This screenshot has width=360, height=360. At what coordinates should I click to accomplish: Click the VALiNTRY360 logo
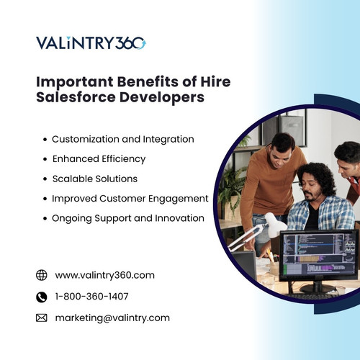tap(91, 42)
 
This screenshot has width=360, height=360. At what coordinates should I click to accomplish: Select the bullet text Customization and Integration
tap(123, 139)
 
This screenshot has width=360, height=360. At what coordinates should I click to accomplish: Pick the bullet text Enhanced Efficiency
tap(99, 158)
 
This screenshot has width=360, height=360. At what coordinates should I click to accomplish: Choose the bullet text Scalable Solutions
tap(94, 178)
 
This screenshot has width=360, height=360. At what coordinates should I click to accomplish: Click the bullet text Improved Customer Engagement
tap(130, 198)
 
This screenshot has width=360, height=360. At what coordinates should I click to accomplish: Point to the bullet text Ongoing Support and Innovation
tap(128, 217)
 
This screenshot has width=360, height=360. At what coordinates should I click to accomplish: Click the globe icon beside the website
tap(42, 275)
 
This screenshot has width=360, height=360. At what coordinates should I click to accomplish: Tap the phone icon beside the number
tap(42, 296)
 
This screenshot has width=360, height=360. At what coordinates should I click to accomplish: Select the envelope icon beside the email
tap(42, 318)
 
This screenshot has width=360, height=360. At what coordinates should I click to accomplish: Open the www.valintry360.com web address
tap(105, 275)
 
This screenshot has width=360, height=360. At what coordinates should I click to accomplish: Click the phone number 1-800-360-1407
tap(92, 296)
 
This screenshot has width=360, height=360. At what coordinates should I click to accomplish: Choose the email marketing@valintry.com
tap(112, 318)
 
